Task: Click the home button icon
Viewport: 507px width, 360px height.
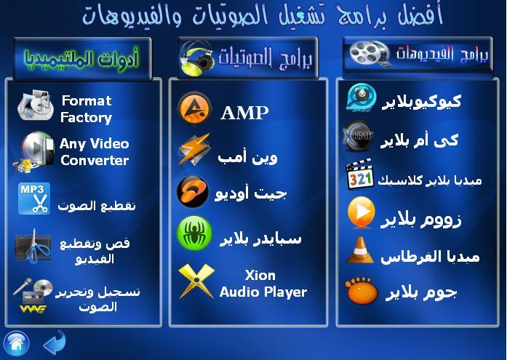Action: tap(17, 343)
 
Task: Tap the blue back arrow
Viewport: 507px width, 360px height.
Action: tap(55, 343)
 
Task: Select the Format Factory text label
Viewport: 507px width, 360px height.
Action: tap(87, 109)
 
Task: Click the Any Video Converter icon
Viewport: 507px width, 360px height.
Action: tap(33, 151)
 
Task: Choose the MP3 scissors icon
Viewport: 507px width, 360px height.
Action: tap(34, 199)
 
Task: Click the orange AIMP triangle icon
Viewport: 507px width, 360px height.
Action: tap(194, 109)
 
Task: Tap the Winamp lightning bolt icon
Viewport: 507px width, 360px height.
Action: tap(194, 149)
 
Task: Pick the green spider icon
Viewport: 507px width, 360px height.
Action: tap(194, 233)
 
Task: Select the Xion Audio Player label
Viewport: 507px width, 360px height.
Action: tap(263, 284)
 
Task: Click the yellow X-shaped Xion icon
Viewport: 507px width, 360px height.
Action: tap(196, 281)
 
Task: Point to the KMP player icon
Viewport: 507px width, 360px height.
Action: tap(359, 135)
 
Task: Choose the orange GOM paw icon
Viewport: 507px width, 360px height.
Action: tap(362, 290)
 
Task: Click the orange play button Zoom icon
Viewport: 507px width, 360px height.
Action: tap(362, 212)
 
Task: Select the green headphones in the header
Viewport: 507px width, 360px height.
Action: tap(196, 58)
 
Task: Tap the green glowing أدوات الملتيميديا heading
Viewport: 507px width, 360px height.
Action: tap(81, 59)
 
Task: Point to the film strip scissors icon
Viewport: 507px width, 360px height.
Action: tap(32, 247)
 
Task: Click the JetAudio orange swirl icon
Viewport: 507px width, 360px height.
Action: tap(192, 192)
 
